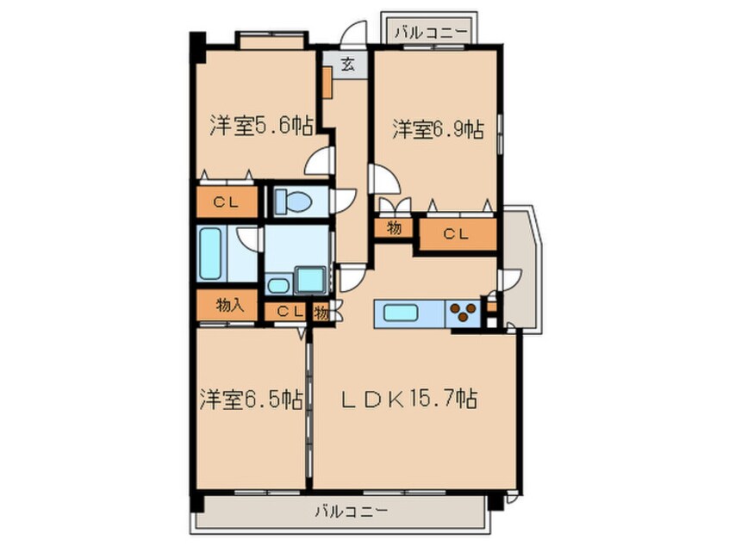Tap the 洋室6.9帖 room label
(437, 130)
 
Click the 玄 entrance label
(346, 64)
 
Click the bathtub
(210, 253)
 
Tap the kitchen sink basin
(401, 313)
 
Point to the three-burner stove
(464, 312)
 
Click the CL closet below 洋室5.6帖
(227, 203)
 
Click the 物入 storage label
(230, 304)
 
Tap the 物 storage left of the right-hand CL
(393, 228)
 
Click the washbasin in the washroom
(277, 285)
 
